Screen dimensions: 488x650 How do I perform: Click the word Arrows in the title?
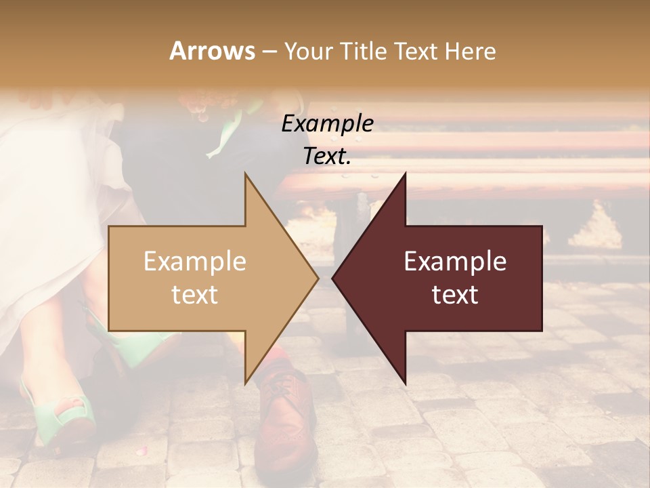coord(212,51)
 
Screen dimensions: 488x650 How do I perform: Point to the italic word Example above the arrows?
coord(328,124)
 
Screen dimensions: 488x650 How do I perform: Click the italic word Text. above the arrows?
coord(328,157)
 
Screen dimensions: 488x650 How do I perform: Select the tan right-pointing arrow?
coord(203,278)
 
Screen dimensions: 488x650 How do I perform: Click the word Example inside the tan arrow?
coord(194,262)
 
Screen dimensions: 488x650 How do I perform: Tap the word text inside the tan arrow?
coord(194,295)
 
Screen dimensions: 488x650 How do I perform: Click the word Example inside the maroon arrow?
coord(455,262)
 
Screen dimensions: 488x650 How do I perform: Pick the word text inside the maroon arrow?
coord(455,295)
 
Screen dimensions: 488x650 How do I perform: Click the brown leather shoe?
coord(288,420)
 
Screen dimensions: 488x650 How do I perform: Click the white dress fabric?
coord(54,203)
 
